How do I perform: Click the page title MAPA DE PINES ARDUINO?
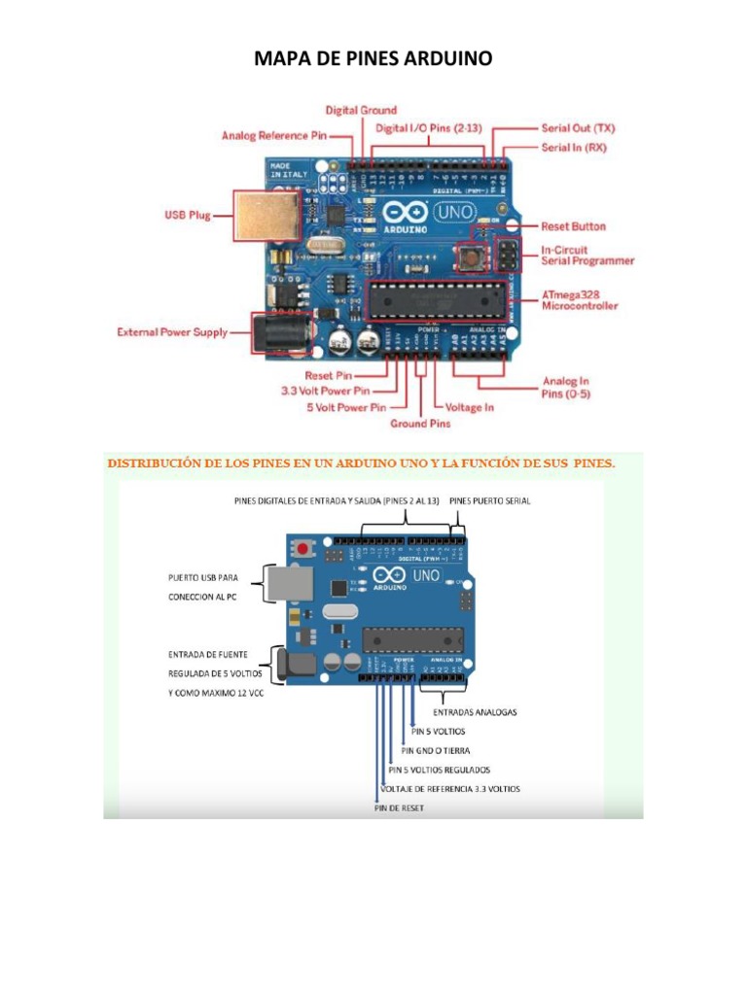373,59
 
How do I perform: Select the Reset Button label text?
573,226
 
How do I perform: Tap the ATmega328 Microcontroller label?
579,299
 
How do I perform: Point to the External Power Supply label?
172,332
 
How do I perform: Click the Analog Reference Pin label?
274,136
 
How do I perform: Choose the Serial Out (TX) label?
578,127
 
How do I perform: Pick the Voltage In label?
469,407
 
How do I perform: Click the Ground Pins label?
420,424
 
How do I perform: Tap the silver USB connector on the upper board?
265,215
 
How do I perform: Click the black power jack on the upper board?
281,332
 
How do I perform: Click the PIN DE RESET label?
399,807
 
